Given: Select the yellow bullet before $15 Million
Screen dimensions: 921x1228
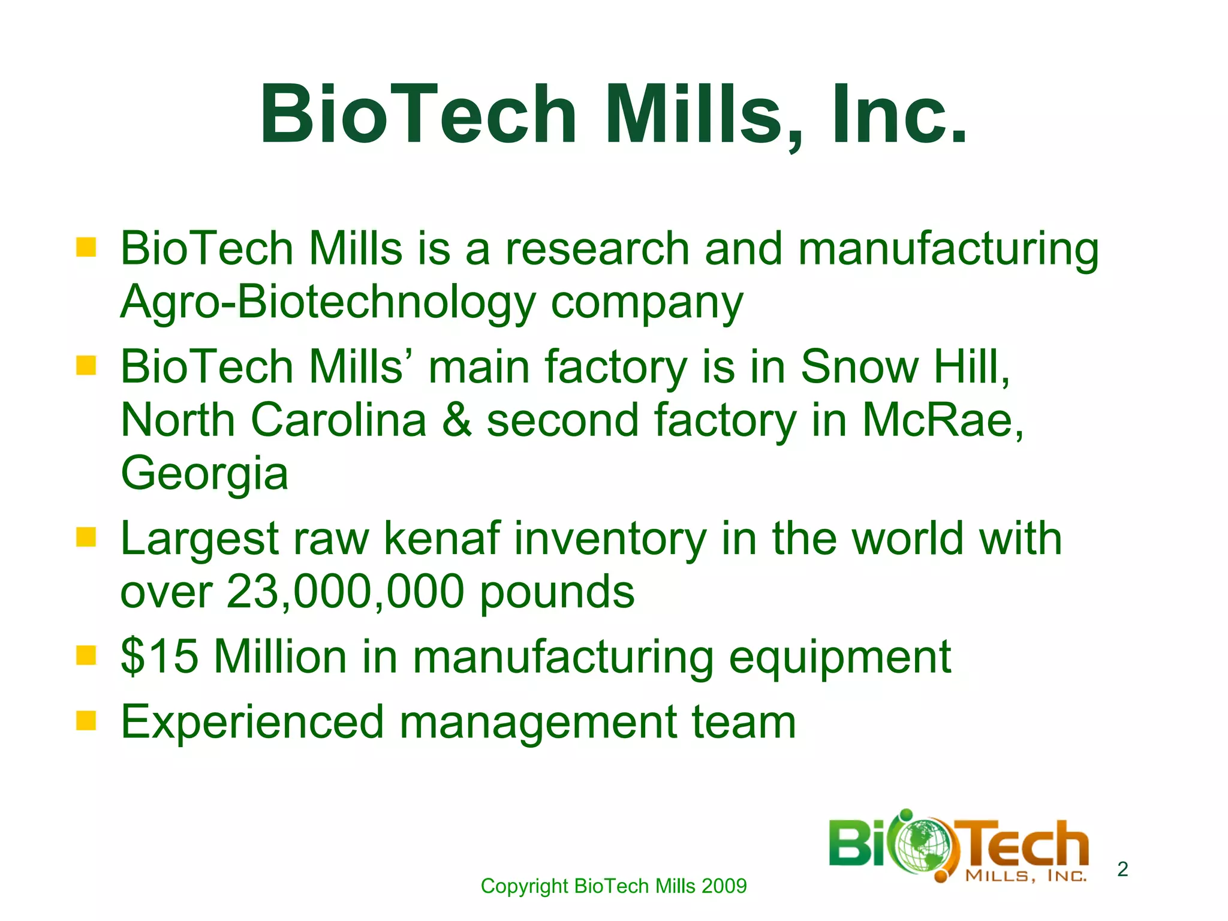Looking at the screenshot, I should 86,655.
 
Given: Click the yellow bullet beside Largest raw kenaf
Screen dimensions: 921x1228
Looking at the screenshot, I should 86,537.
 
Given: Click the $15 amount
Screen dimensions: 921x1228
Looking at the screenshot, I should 159,656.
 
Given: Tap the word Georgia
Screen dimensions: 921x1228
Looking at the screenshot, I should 204,473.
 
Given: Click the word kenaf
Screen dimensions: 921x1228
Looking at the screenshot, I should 441,538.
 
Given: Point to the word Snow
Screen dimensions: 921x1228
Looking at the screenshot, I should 857,366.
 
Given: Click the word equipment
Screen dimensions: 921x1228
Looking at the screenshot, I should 839,657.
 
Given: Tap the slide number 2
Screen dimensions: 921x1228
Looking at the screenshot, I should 1122,868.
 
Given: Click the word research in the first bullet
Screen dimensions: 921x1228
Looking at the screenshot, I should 597,248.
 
